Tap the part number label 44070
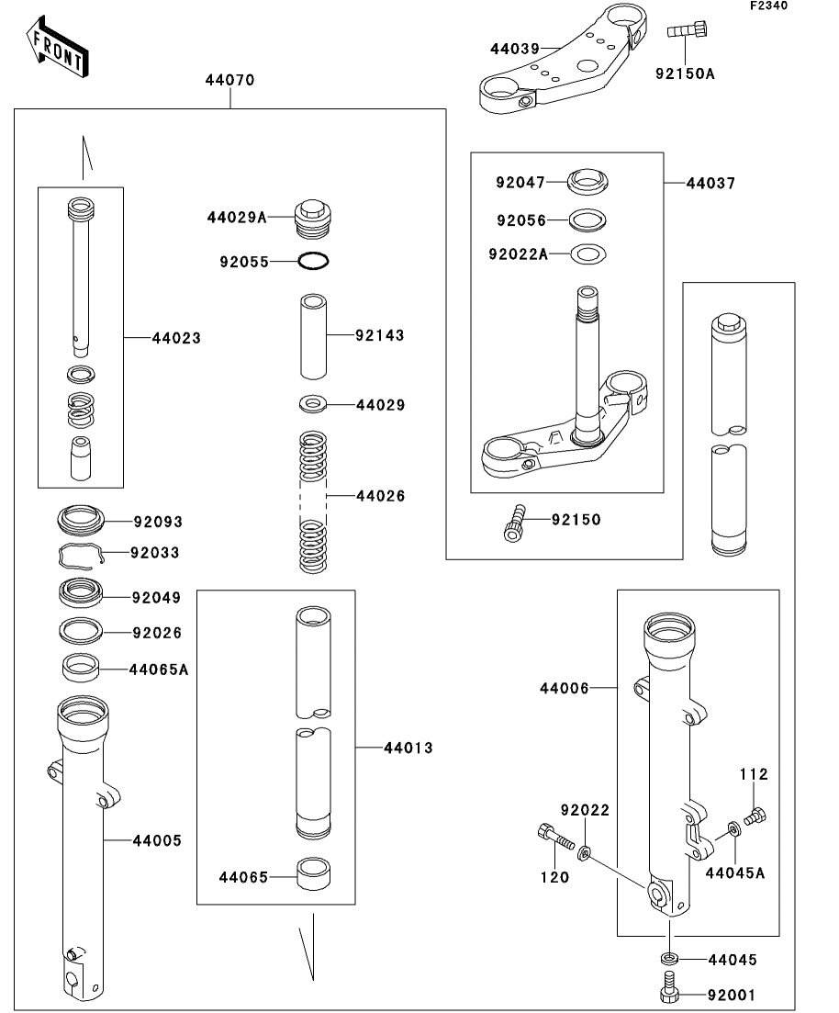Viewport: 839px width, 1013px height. coord(229,80)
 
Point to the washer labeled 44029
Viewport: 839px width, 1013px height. coord(313,403)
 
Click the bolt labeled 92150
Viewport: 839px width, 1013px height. coord(515,522)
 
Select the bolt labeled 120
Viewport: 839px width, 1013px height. coord(554,837)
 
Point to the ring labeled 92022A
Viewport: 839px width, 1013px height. coord(588,253)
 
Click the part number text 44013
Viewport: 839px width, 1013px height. coord(408,748)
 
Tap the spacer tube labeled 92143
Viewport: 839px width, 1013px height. coord(313,335)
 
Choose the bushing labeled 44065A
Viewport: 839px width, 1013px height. coord(84,667)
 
